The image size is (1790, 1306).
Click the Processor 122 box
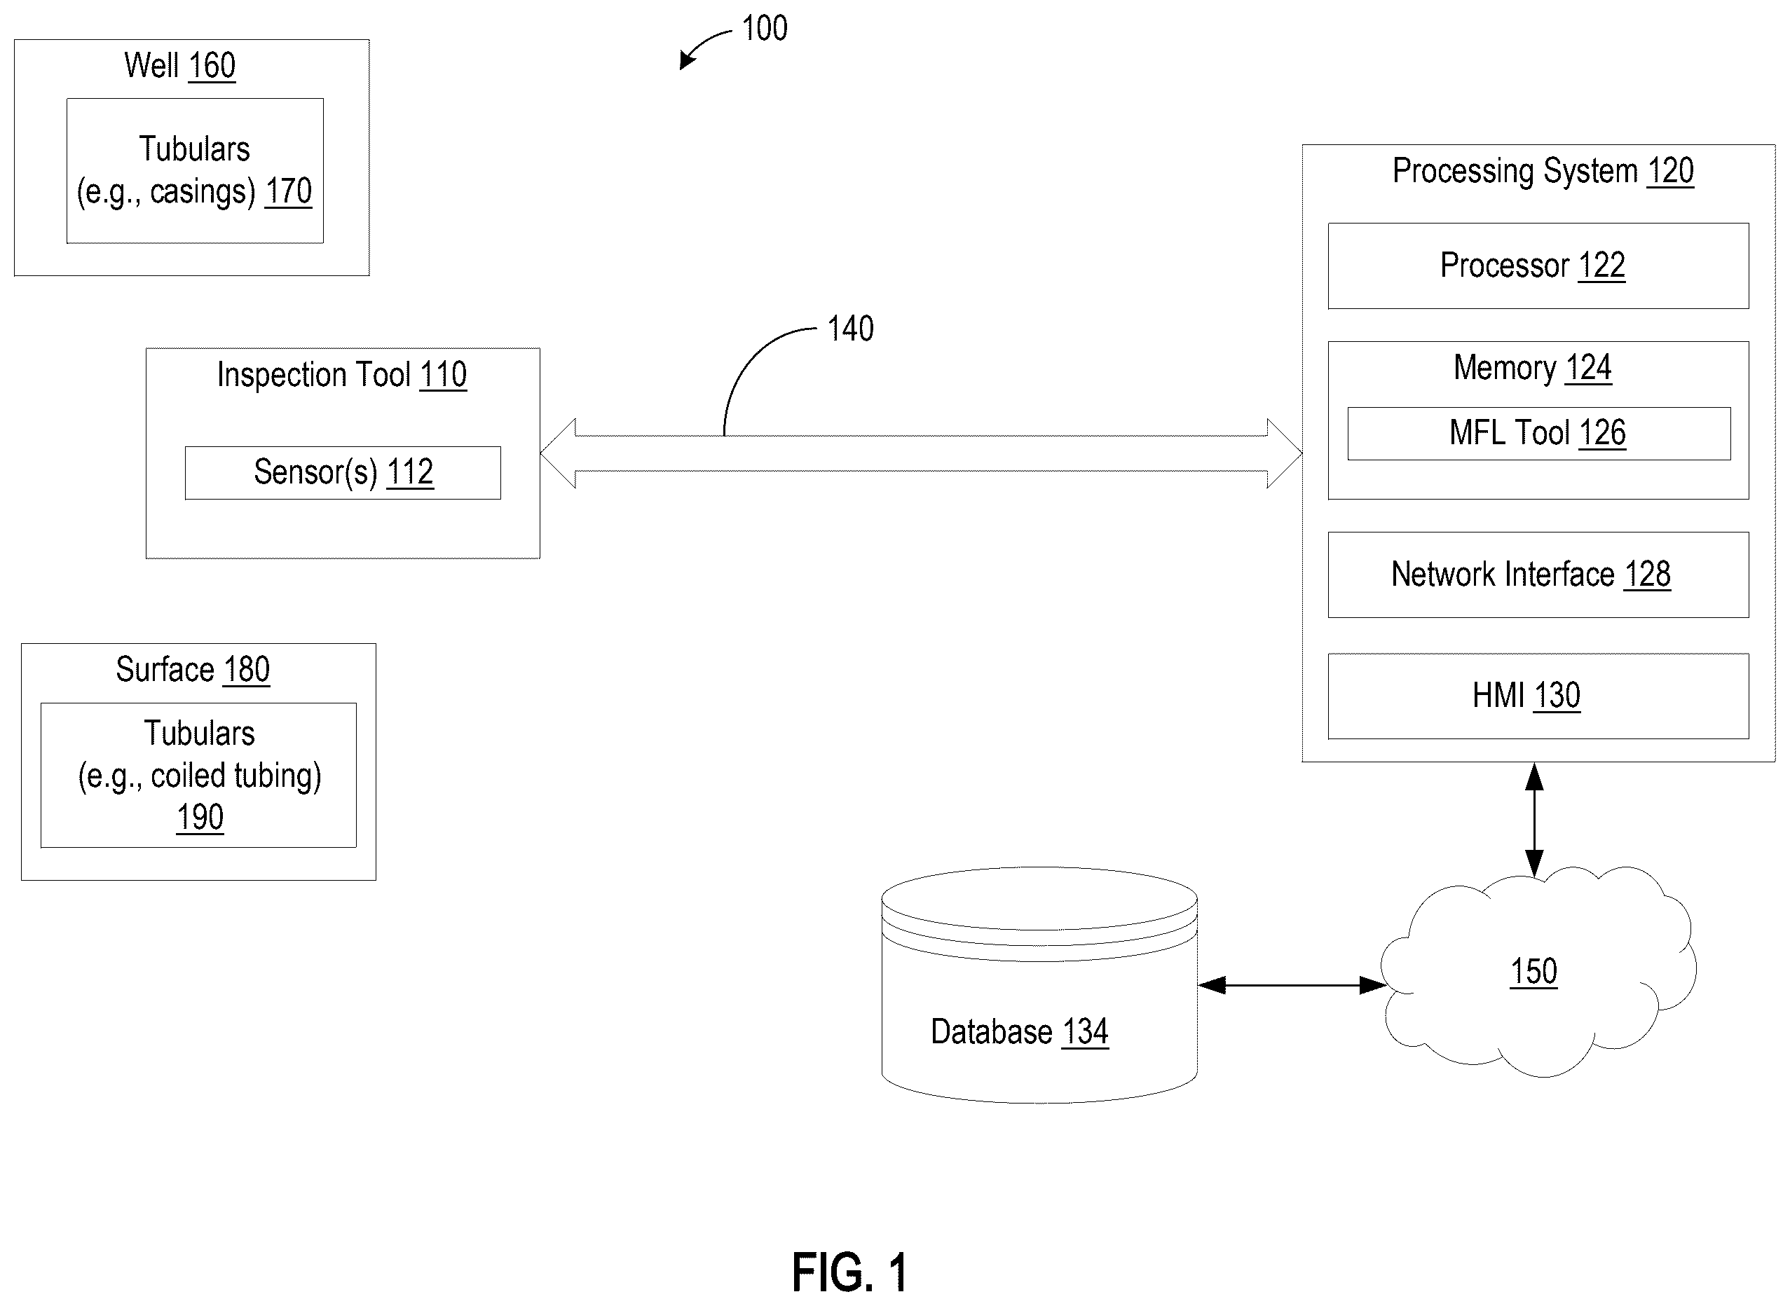pos(1538,266)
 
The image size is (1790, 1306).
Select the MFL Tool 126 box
pos(1538,433)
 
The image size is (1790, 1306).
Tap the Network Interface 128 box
pos(1538,575)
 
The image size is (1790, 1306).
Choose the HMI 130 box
pos(1538,696)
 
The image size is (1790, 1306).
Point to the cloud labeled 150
pos(1538,972)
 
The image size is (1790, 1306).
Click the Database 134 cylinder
pos(1039,984)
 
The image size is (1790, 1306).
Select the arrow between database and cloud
pos(1292,985)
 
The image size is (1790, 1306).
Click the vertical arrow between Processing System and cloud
pos(1533,820)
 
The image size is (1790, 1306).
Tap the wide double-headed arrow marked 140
pos(921,453)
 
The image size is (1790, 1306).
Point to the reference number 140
pos(850,329)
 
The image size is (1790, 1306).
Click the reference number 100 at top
pos(765,29)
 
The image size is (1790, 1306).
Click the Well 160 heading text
pos(179,66)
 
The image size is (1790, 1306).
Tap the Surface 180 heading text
pos(193,670)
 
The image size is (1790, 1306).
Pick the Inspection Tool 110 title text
pos(341,375)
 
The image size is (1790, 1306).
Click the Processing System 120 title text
pos(1543,172)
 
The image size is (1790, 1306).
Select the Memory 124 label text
pos(1532,369)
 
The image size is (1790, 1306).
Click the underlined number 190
pos(200,817)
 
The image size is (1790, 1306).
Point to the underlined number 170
pos(289,191)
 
